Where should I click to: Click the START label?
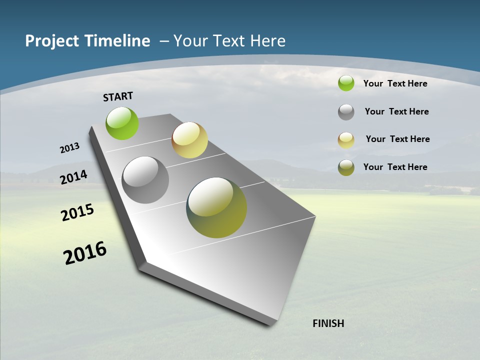pyautogui.click(x=118, y=96)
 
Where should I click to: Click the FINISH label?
pyautogui.click(x=328, y=323)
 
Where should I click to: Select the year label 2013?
pyautogui.click(x=70, y=148)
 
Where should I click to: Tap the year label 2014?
pyautogui.click(x=74, y=177)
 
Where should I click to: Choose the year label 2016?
pyautogui.click(x=85, y=252)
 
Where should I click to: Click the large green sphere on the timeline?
pyautogui.click(x=122, y=123)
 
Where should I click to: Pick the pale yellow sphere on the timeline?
pyautogui.click(x=189, y=140)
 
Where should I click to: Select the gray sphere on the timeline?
pyautogui.click(x=145, y=180)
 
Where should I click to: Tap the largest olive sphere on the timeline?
pyautogui.click(x=216, y=207)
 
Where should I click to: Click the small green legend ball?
pyautogui.click(x=346, y=83)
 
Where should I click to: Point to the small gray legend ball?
pyautogui.click(x=346, y=112)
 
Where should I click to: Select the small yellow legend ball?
pyautogui.click(x=346, y=140)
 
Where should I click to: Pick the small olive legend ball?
pyautogui.click(x=346, y=167)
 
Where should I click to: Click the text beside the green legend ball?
pyautogui.click(x=395, y=83)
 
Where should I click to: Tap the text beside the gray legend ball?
pyautogui.click(x=396, y=111)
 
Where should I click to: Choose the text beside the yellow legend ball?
pyautogui.click(x=397, y=139)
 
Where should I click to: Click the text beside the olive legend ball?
pyautogui.click(x=395, y=167)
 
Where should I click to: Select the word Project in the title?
pyautogui.click(x=52, y=41)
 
